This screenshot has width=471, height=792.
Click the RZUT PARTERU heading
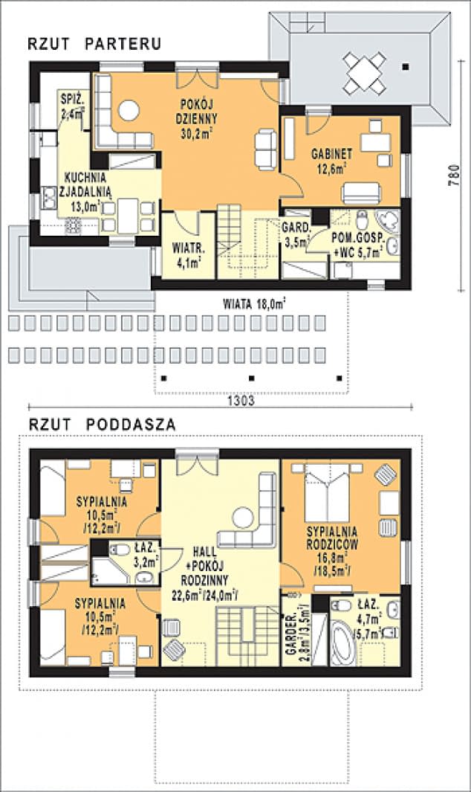[x=94, y=44]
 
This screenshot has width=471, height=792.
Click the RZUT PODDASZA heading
[x=102, y=425]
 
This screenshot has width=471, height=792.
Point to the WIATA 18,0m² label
[x=255, y=304]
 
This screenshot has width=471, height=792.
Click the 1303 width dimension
[x=241, y=401]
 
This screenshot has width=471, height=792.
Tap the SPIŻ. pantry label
[x=68, y=98]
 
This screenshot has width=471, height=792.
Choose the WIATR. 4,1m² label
[x=188, y=254]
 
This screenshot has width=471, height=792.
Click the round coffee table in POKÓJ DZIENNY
[x=129, y=111]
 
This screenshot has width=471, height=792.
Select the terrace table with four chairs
[x=365, y=72]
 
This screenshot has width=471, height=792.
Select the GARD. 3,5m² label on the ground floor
[x=296, y=234]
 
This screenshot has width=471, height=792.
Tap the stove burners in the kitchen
[x=74, y=225]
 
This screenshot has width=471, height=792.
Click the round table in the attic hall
[x=243, y=518]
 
